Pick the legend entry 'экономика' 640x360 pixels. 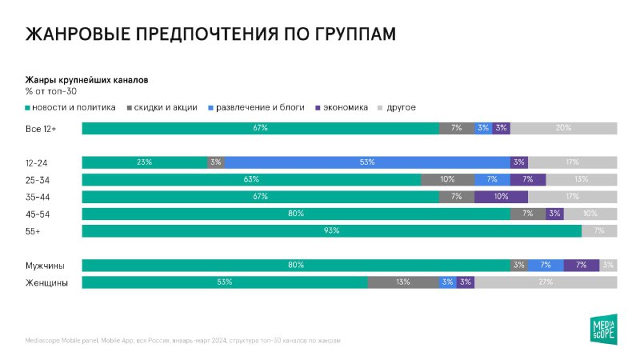pos(346,107)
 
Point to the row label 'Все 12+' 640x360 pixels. pos(40,128)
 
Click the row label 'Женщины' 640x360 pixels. pos(46,282)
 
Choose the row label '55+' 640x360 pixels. pos(33,231)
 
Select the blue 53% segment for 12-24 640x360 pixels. pos(367,162)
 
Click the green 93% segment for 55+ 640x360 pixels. pos(331,231)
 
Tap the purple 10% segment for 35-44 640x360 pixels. pos(501,197)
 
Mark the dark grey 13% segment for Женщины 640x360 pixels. pos(403,282)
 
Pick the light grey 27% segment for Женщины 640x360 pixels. pos(546,282)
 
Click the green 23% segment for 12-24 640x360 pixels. pos(144,162)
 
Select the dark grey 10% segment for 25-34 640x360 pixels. pos(447,179)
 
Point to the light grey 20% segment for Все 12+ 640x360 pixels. pos(563,128)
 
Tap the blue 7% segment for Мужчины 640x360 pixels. pos(546,266)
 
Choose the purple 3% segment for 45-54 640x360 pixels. pos(554,214)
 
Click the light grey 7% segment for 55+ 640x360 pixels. pos(599,231)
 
